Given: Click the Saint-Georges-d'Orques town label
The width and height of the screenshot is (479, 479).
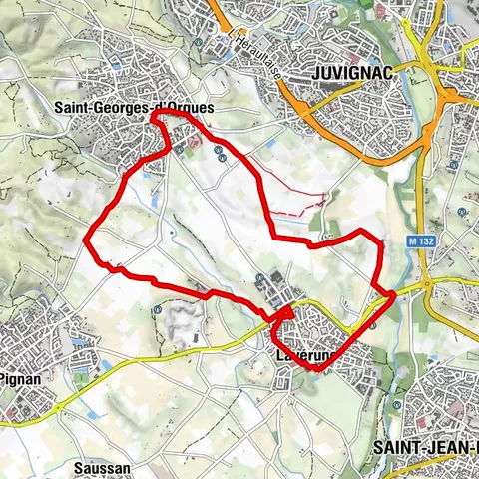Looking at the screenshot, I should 135,103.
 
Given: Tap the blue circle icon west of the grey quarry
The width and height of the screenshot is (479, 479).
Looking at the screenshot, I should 157,310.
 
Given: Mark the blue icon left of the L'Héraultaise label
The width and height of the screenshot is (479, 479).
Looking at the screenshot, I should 203,42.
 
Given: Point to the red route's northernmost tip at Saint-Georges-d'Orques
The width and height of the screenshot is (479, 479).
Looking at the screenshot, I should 156,117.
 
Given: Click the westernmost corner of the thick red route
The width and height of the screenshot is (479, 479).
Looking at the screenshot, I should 86,238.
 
